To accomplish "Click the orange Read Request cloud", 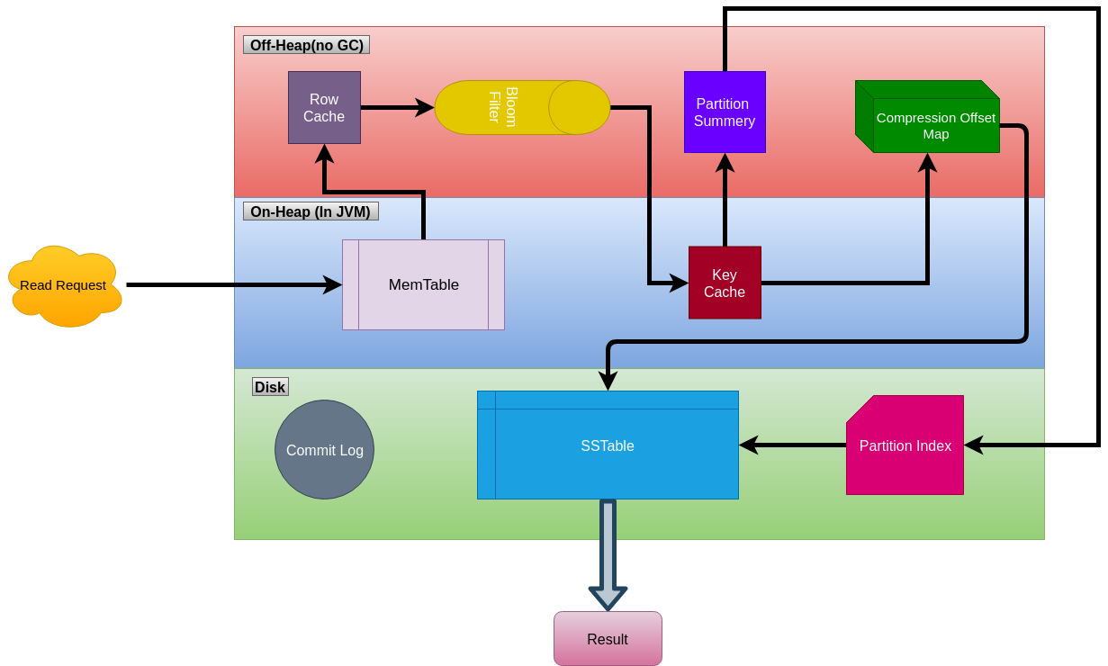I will click(63, 285).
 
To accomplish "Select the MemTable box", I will click(423, 285).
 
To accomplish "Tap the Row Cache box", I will click(324, 108).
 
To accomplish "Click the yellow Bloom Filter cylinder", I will click(522, 108).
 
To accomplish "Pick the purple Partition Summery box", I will click(725, 112).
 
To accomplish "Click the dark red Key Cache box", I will click(725, 283).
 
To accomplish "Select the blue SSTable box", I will click(608, 445).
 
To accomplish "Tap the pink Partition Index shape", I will click(905, 445).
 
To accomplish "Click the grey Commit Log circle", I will click(324, 450).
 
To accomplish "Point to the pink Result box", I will click(608, 639).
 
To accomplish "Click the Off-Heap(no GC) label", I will click(306, 45).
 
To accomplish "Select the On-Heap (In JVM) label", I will click(311, 211).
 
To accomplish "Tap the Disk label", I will click(270, 387).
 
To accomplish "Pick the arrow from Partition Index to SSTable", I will click(792, 445).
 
